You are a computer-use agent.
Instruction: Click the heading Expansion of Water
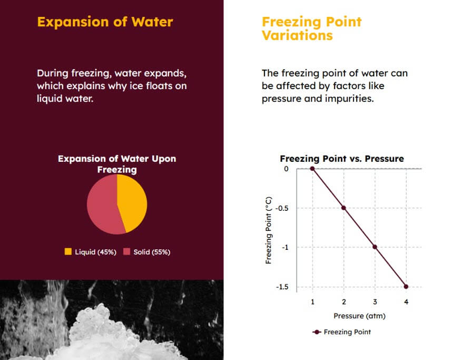point(105,22)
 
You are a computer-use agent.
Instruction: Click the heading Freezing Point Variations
point(311,28)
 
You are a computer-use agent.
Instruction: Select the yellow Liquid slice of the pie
point(130,201)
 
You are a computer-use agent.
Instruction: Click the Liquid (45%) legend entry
point(90,252)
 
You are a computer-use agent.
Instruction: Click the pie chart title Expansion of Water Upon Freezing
point(116,164)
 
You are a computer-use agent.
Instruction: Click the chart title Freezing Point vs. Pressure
point(341,159)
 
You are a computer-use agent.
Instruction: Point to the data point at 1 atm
point(312,169)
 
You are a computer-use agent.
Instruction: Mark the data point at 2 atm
point(344,208)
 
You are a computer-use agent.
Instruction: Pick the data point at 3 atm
point(375,247)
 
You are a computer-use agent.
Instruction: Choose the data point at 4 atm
point(406,286)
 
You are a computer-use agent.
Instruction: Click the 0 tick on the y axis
point(286,169)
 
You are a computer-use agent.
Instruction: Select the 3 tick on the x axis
point(375,301)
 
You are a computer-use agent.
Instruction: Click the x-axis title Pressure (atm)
point(359,316)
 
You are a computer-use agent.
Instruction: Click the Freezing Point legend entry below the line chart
point(342,332)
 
